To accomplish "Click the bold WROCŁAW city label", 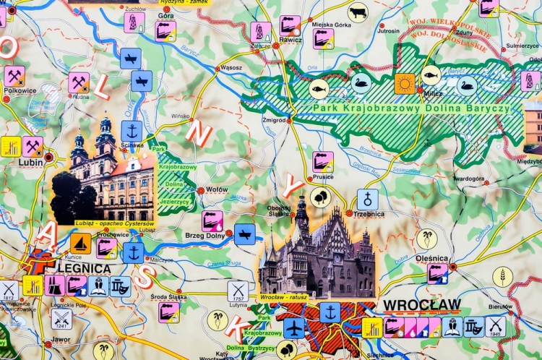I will pos(421,304).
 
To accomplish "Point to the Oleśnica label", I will pos(432,258).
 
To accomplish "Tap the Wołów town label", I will pos(217,189).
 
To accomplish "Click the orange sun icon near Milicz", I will pos(405,84).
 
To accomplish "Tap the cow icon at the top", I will pos(357,12).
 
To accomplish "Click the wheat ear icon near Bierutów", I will pos(503,276).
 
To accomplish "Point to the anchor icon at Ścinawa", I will pos(131,131).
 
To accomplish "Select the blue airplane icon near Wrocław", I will pos(294,327).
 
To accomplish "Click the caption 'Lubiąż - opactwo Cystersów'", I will pos(115,223).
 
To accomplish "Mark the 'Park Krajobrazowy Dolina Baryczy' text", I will pos(411,108).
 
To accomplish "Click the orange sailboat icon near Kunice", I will pos(80,243).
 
